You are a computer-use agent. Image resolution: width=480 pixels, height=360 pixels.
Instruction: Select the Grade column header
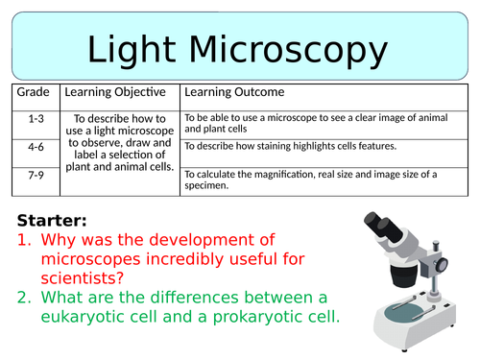(34, 93)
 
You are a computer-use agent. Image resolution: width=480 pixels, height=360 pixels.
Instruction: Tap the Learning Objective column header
(121, 93)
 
